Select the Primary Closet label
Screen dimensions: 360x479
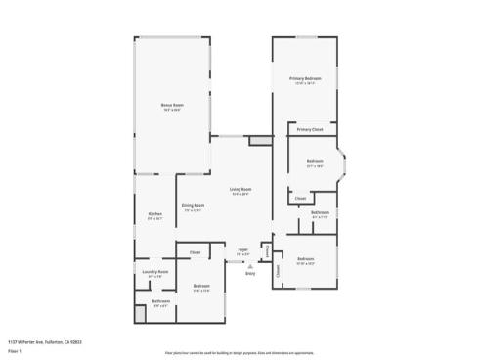[x=311, y=129]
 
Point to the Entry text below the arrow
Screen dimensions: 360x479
[x=251, y=273]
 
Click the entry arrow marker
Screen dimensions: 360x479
[x=251, y=264]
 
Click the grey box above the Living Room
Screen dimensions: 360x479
[x=260, y=142]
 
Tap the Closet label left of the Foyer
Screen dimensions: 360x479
[x=196, y=253]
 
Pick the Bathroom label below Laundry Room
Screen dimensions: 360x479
[x=161, y=301]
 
